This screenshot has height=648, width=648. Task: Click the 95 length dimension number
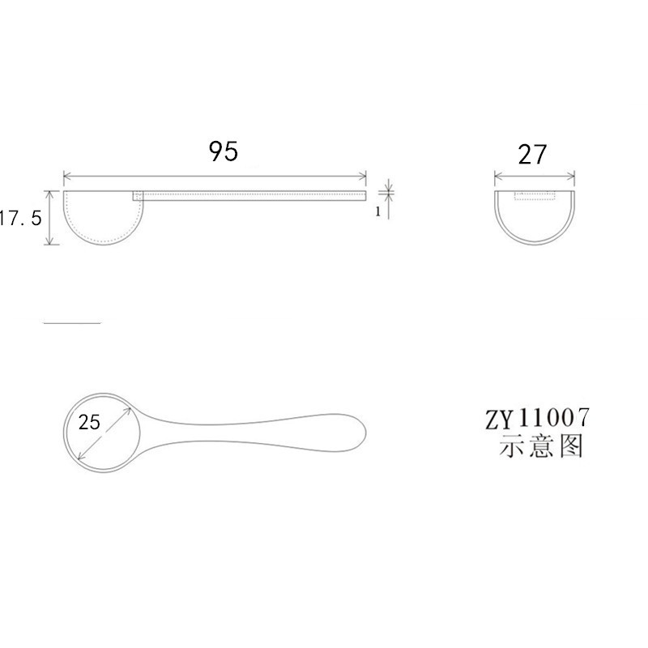(224, 151)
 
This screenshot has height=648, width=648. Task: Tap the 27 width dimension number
(533, 154)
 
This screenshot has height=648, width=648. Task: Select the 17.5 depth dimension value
(19, 220)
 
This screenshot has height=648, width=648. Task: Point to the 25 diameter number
(90, 421)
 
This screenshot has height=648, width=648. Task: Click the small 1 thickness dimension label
(377, 212)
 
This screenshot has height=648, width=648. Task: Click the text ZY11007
(537, 420)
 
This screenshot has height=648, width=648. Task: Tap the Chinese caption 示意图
(540, 446)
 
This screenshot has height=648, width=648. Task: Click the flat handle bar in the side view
(251, 194)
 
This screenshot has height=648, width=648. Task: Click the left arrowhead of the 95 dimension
(66, 176)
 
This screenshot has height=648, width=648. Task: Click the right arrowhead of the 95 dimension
(364, 176)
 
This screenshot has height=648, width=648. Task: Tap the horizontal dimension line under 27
(535, 176)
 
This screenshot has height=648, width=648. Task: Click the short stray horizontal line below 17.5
(71, 322)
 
